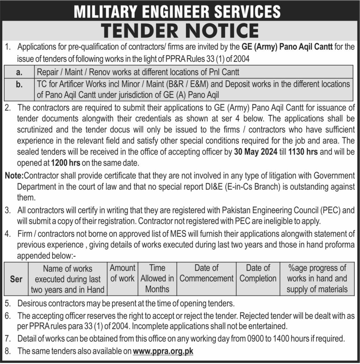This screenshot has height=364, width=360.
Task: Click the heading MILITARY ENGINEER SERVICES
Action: tap(177, 12)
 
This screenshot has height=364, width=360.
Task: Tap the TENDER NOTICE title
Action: tap(180, 30)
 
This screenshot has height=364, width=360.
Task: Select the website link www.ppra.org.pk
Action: tap(163, 351)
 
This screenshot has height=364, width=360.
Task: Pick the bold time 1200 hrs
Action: tap(66, 162)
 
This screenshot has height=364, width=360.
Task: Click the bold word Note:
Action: tap(15, 176)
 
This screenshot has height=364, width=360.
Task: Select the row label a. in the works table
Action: tap(19, 72)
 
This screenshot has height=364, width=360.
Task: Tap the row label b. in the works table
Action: tap(19, 84)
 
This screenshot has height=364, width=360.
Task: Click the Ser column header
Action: tap(16, 279)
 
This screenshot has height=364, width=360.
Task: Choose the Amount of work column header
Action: tap(122, 273)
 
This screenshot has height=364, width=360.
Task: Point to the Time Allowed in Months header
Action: tap(157, 279)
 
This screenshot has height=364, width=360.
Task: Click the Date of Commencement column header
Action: tap(206, 273)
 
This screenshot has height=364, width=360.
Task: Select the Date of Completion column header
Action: tap(258, 273)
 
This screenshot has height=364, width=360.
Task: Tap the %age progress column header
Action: tap(317, 279)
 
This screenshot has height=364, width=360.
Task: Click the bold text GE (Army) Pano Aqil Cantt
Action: tap(287, 47)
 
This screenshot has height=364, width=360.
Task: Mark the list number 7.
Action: tap(8, 339)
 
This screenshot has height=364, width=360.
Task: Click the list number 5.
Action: tap(8, 303)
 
